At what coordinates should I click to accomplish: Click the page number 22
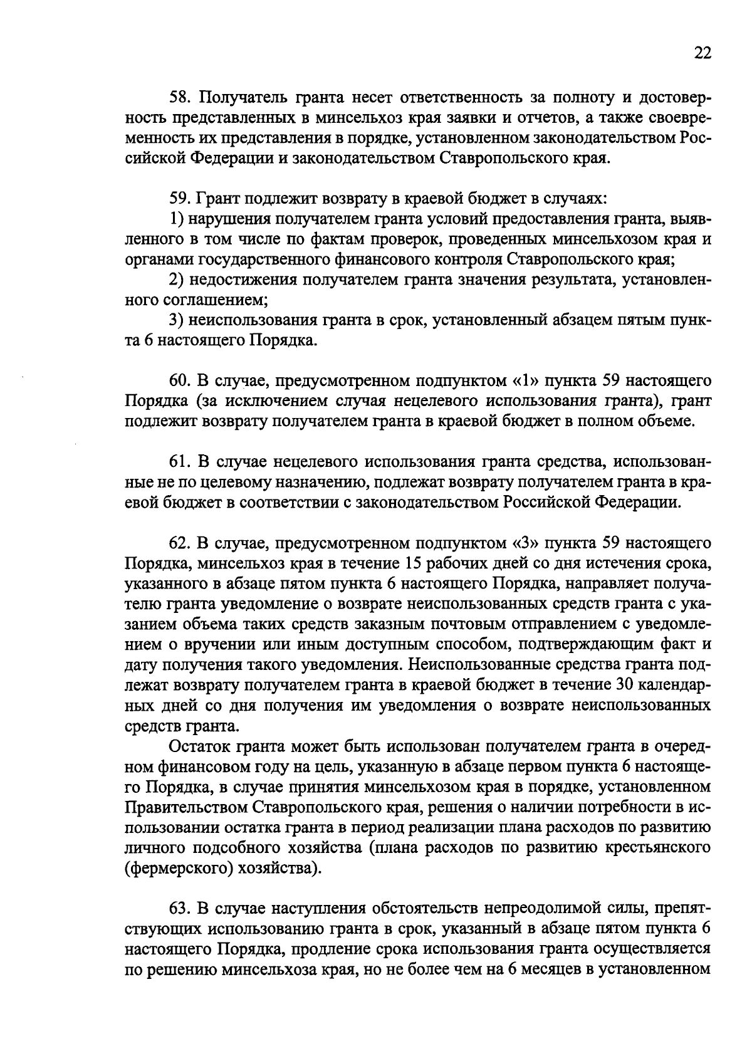coord(702,54)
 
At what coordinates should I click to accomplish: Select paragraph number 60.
coord(180,381)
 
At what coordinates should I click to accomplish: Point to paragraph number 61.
coord(180,463)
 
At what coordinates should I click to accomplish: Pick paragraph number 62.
coord(180,543)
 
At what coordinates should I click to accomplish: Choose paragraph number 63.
coord(180,908)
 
